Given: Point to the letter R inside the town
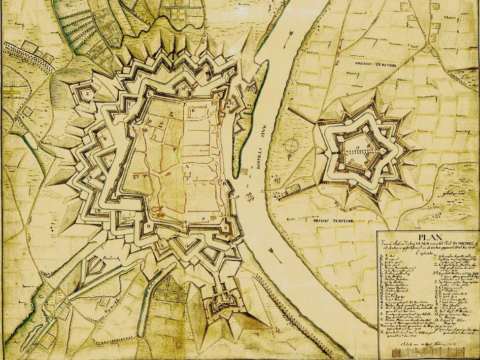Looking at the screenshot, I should click(193, 110).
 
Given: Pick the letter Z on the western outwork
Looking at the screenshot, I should click(88, 93).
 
